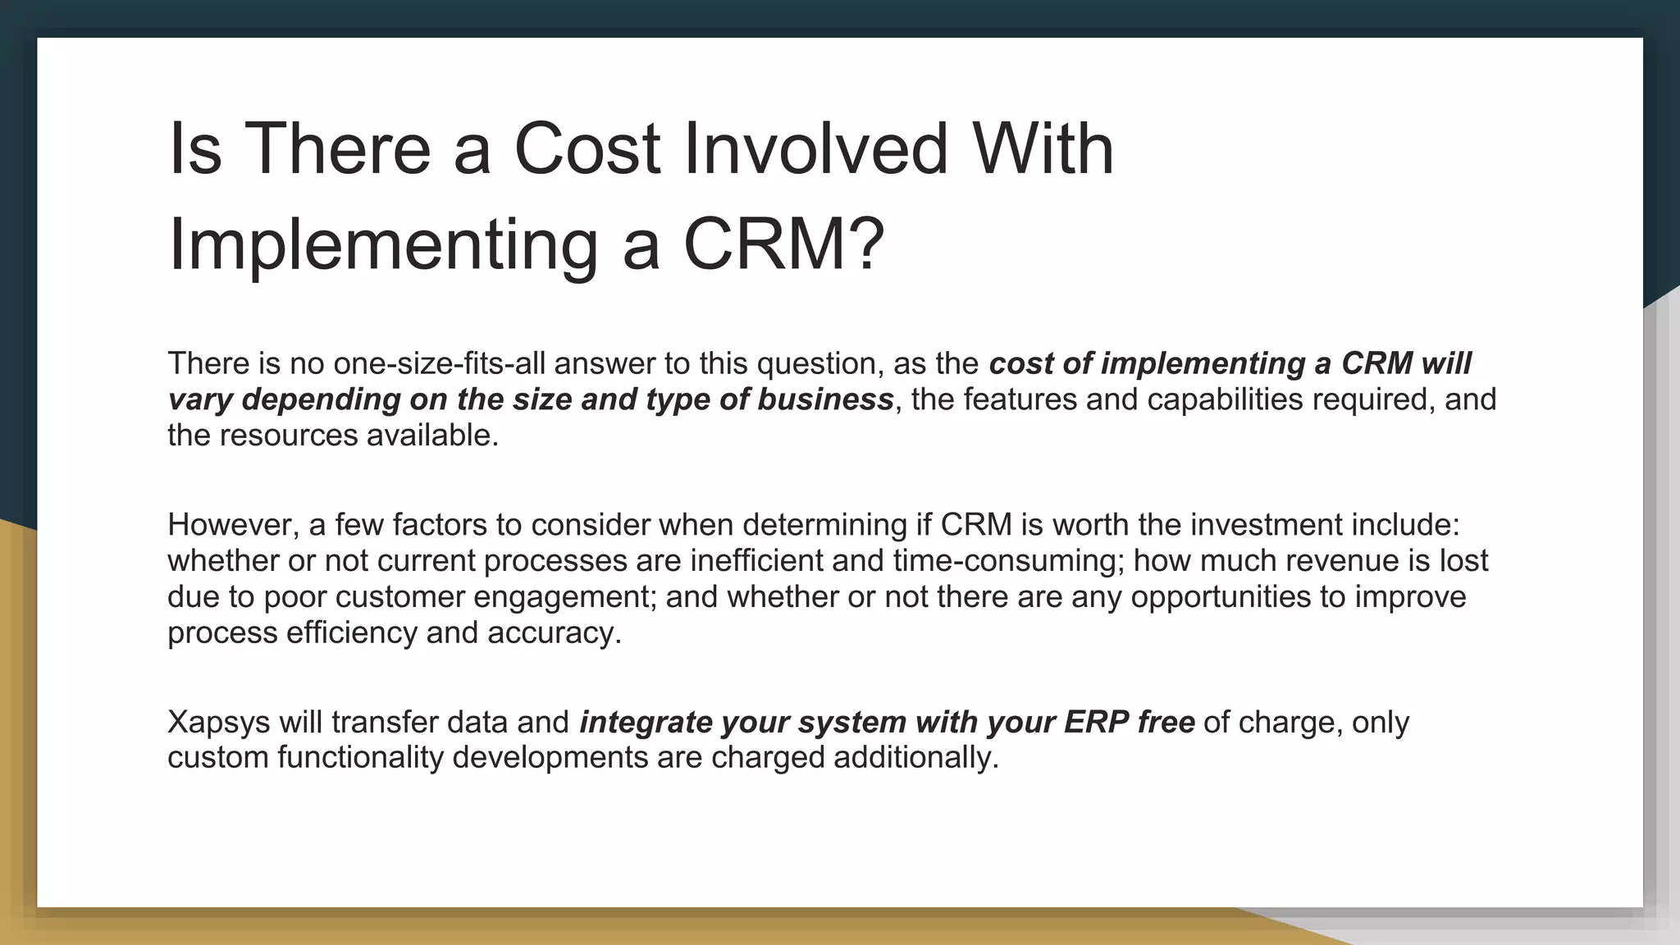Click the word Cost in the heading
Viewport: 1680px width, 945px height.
click(587, 149)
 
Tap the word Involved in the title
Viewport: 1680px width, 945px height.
click(813, 149)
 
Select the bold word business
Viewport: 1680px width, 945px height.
click(824, 399)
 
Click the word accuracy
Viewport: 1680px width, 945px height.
click(554, 632)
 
